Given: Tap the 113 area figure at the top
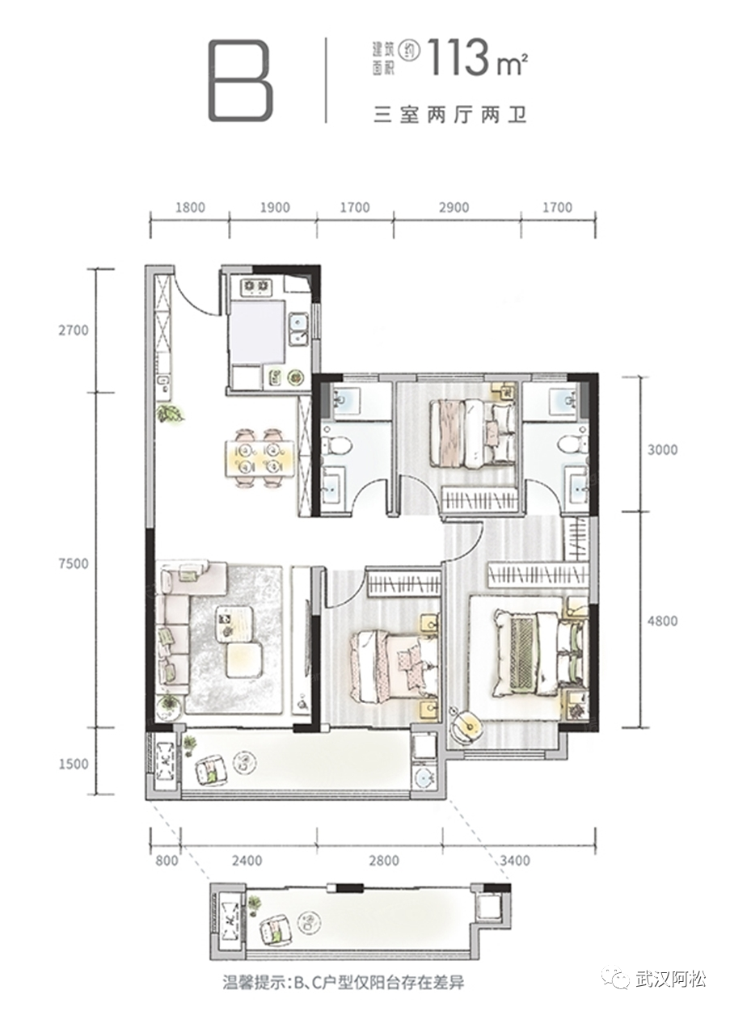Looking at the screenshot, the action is point(462,57).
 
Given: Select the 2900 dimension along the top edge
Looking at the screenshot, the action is point(454,208).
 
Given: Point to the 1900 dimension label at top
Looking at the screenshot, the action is point(275,208).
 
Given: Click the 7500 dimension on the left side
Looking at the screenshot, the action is point(73,564).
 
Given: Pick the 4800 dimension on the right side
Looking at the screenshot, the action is point(661,621).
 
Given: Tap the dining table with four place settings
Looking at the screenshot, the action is point(260,457).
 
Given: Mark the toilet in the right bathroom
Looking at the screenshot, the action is point(572,443).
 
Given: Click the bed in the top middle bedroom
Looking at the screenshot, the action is point(472,433).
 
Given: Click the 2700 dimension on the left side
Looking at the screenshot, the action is point(73,331).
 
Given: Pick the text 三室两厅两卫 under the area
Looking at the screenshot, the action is point(450,116).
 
